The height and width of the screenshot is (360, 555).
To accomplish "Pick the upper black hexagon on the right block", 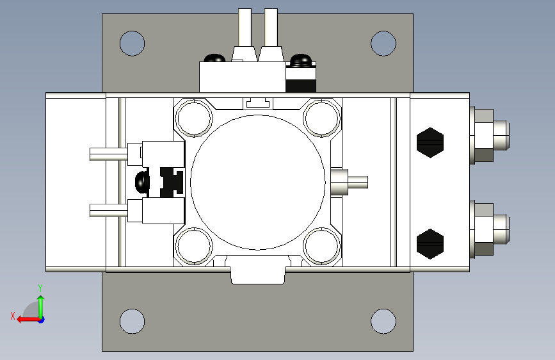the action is [x=430, y=142].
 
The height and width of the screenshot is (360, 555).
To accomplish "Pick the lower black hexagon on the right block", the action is [x=430, y=244].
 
